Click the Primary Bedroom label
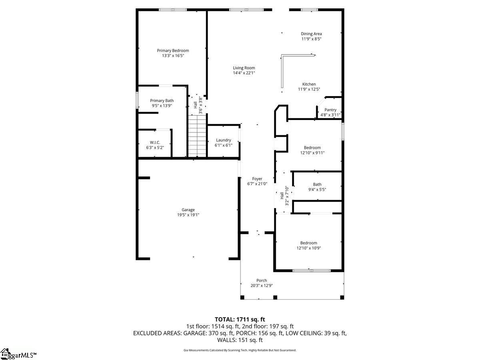click(173, 50)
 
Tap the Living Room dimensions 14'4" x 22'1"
click(244, 73)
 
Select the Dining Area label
click(311, 34)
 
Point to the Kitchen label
click(309, 84)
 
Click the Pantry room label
click(330, 110)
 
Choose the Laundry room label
click(224, 140)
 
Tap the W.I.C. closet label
click(155, 142)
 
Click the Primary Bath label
click(162, 100)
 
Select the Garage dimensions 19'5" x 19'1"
click(188, 215)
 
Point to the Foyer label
click(257, 179)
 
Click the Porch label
click(262, 280)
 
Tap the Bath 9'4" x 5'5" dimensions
click(317, 190)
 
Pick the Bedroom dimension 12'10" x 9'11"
click(312, 153)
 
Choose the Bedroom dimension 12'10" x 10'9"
click(308, 248)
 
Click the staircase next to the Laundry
click(197, 136)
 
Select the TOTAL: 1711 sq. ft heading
click(240, 320)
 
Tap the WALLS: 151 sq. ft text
click(240, 340)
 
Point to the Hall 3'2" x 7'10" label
click(284, 196)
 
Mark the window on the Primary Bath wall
click(137, 100)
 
